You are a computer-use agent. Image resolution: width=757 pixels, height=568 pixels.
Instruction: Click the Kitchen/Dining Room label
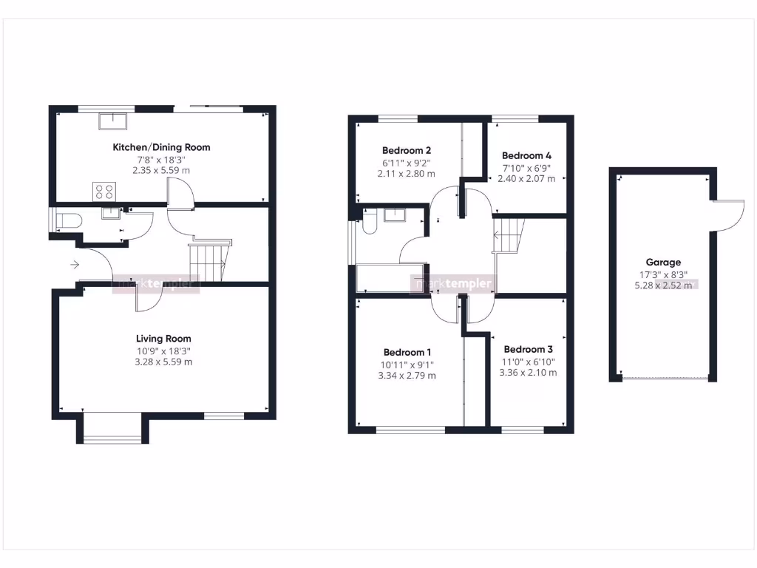(161, 147)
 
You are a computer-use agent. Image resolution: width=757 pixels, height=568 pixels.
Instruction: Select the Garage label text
(663, 262)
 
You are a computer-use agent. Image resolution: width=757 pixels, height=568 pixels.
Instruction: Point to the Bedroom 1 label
(407, 352)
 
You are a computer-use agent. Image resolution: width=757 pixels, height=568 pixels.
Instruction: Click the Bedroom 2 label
(407, 150)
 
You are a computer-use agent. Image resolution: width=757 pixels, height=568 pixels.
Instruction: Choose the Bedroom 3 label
(528, 349)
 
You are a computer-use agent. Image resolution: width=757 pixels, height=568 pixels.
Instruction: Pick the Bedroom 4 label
(526, 155)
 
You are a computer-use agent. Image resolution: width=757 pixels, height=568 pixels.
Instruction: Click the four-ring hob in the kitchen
(103, 192)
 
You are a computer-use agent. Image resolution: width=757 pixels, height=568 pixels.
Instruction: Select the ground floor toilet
(67, 220)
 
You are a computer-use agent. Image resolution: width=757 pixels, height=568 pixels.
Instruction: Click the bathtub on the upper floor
(390, 278)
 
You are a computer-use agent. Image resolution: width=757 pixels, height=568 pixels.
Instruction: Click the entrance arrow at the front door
(75, 264)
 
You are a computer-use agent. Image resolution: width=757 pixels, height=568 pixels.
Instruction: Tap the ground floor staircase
(208, 261)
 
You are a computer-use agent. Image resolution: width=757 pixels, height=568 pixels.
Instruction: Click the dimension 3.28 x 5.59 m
(162, 362)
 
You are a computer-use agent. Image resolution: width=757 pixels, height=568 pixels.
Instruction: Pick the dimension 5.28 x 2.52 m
(663, 285)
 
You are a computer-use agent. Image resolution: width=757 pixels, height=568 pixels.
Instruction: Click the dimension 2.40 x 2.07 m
(526, 178)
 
